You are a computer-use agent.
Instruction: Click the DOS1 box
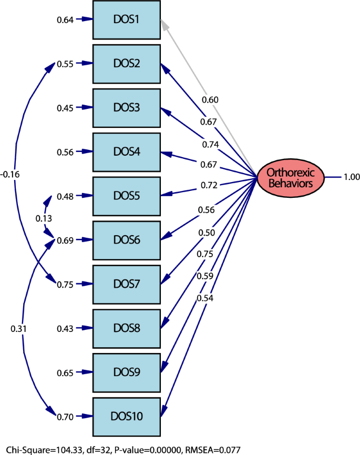[127, 20]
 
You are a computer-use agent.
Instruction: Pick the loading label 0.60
[209, 100]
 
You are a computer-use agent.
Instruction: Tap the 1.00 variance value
[351, 177]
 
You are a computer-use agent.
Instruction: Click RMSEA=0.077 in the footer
[210, 450]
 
